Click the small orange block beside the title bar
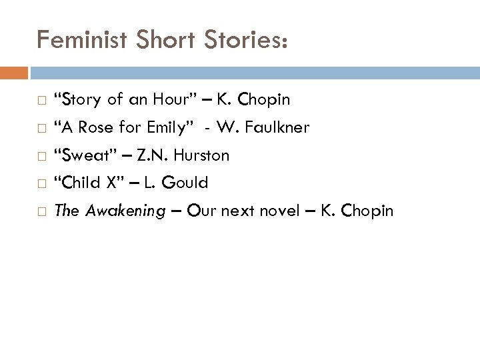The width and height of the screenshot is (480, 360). [14, 71]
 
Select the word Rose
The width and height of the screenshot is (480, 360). [95, 127]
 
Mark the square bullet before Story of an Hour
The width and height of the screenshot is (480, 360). [41, 101]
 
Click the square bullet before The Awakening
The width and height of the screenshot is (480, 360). [41, 212]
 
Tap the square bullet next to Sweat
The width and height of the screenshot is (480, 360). [41, 156]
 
